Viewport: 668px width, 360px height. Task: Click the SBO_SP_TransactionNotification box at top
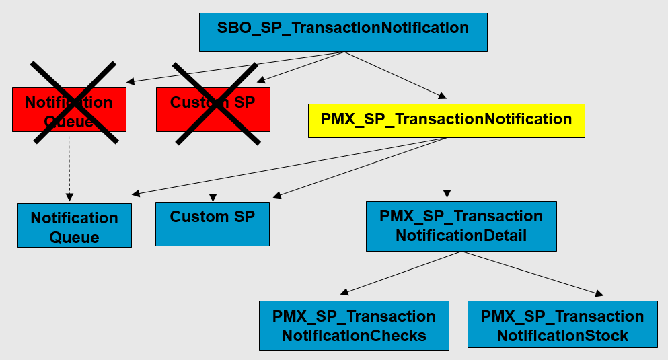point(343,32)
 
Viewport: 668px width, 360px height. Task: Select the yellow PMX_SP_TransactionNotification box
point(446,120)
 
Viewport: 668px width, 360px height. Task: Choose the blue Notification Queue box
point(74,225)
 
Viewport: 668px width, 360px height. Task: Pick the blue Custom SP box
point(213,224)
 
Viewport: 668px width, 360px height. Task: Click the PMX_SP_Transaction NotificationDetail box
point(461,226)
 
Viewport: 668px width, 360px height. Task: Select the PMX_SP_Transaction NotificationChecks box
point(354,325)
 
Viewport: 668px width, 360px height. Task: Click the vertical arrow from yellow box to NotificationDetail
point(447,168)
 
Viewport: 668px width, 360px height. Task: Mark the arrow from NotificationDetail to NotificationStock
point(531,273)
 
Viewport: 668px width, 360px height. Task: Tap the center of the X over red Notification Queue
point(73,102)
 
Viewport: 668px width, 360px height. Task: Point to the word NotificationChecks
point(354,336)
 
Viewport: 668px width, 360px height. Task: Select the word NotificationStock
point(562,335)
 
